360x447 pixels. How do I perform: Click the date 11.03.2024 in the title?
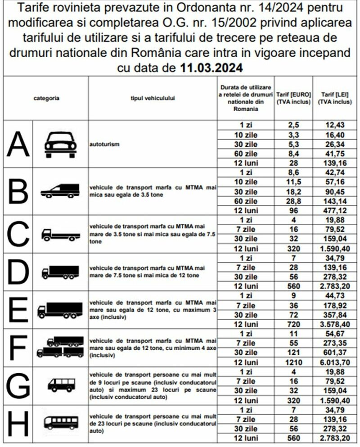click(x=211, y=68)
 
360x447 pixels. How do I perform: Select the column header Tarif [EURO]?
click(x=293, y=98)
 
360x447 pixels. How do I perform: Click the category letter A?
click(x=17, y=144)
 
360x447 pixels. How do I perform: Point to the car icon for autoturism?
click(x=60, y=144)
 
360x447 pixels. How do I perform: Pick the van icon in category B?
click(x=60, y=191)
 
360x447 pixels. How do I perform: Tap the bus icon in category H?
click(x=60, y=422)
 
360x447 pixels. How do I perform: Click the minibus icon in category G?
click(x=60, y=384)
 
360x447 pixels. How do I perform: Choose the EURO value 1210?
click(x=293, y=362)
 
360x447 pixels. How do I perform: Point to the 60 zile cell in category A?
click(x=246, y=154)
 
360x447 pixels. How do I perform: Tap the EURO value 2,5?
click(x=293, y=125)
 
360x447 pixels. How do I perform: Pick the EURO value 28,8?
click(x=293, y=201)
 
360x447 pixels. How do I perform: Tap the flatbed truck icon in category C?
click(x=60, y=234)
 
